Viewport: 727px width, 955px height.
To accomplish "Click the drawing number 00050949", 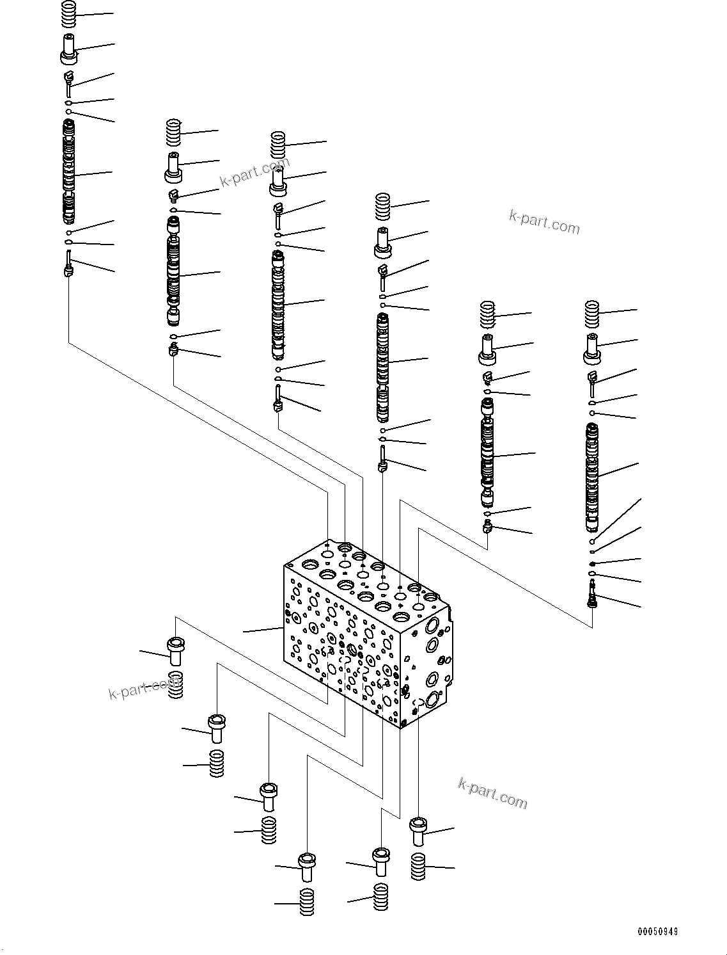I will click(657, 931).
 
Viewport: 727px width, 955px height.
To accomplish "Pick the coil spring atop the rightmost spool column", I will click(591, 313).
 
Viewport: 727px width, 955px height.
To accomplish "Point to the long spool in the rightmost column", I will click(592, 477).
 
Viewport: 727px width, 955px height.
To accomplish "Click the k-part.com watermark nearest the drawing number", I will click(492, 793).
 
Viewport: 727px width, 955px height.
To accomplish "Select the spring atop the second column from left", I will click(173, 132).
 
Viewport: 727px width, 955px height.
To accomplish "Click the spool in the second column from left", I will click(173, 272).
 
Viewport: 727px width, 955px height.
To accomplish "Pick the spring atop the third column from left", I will click(278, 145).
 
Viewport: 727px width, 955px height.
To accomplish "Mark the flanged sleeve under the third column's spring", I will click(278, 182).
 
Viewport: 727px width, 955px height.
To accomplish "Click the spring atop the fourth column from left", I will click(382, 206).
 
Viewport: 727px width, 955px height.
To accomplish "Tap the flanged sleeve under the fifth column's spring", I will click(488, 348).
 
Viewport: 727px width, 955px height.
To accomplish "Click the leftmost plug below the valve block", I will click(175, 651).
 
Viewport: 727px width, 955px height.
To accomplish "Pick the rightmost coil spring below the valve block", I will click(418, 867).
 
